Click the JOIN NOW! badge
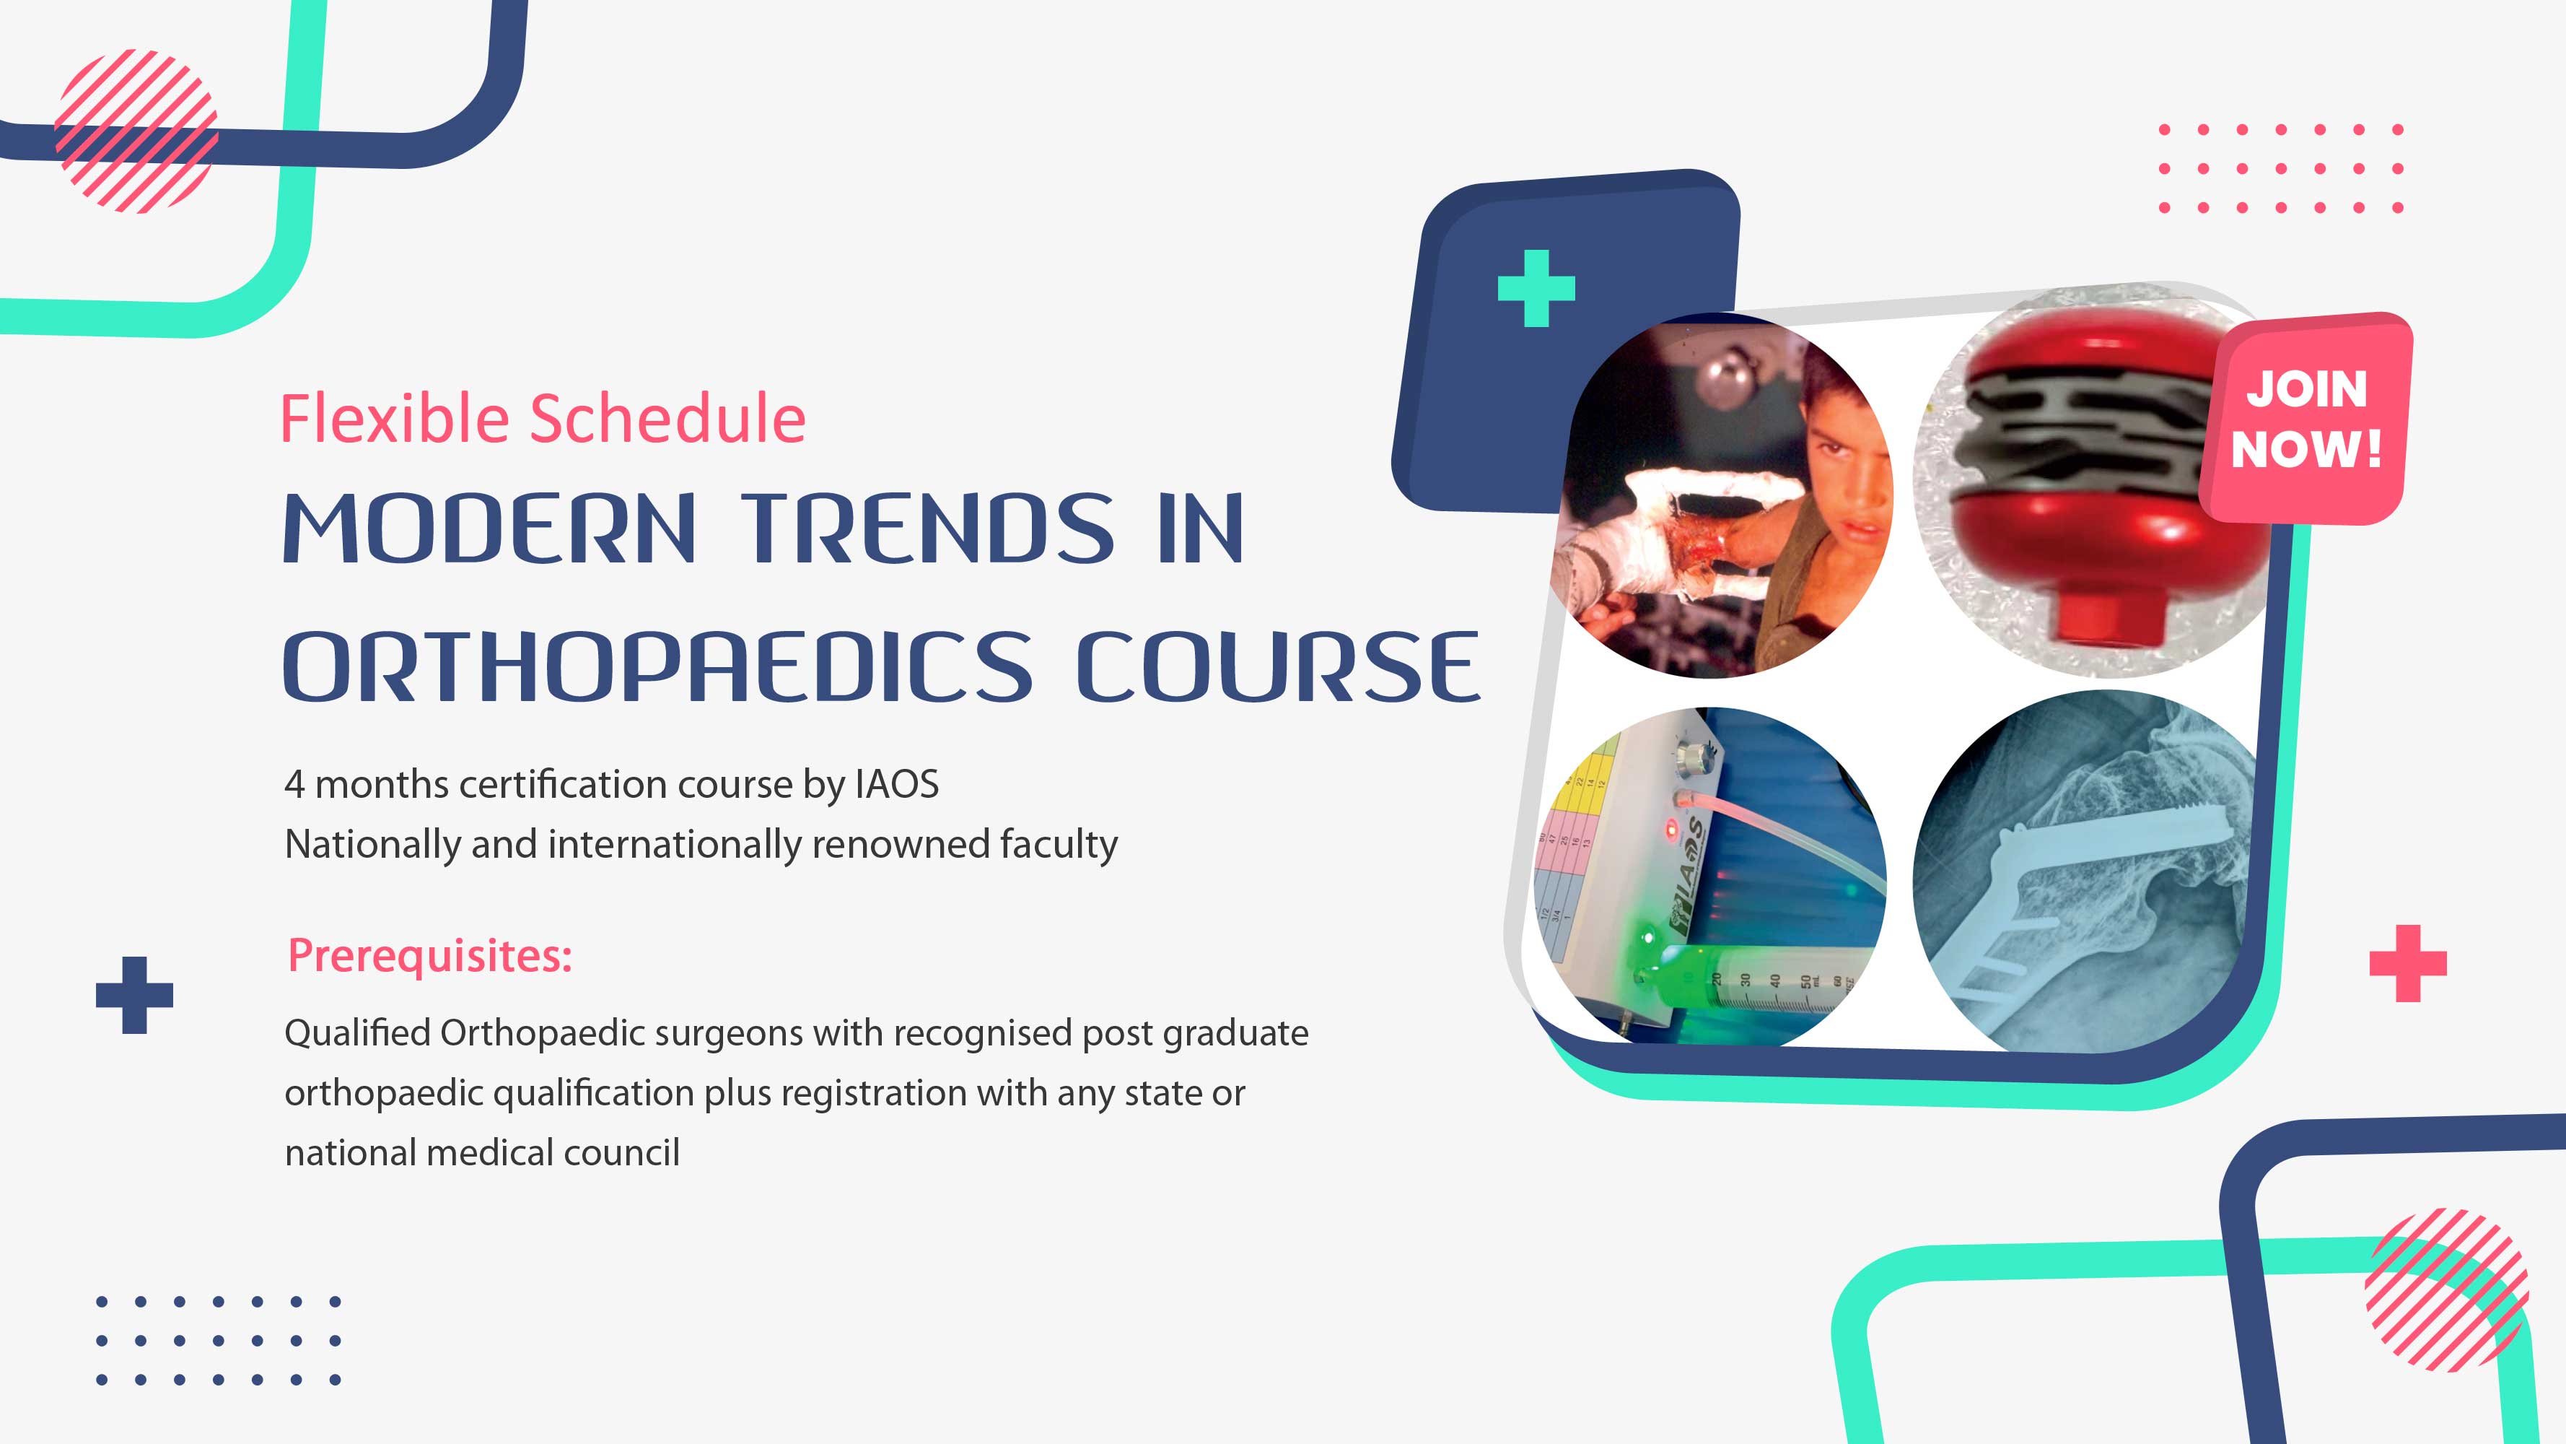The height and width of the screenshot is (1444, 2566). coord(2306,419)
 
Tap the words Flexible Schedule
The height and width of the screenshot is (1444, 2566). coord(542,419)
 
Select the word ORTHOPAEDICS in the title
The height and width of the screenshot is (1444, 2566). coord(657,666)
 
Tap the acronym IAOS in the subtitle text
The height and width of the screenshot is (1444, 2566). coord(896,784)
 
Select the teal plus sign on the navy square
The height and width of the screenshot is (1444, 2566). coord(1536,288)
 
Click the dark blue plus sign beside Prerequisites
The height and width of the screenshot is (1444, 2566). coord(134,995)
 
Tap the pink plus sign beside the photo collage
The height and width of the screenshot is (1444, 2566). coord(2408,962)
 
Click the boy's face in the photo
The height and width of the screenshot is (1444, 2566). coord(1843,469)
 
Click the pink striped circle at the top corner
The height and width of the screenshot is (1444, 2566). coord(136,131)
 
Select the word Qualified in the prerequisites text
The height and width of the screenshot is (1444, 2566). coord(356,1033)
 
